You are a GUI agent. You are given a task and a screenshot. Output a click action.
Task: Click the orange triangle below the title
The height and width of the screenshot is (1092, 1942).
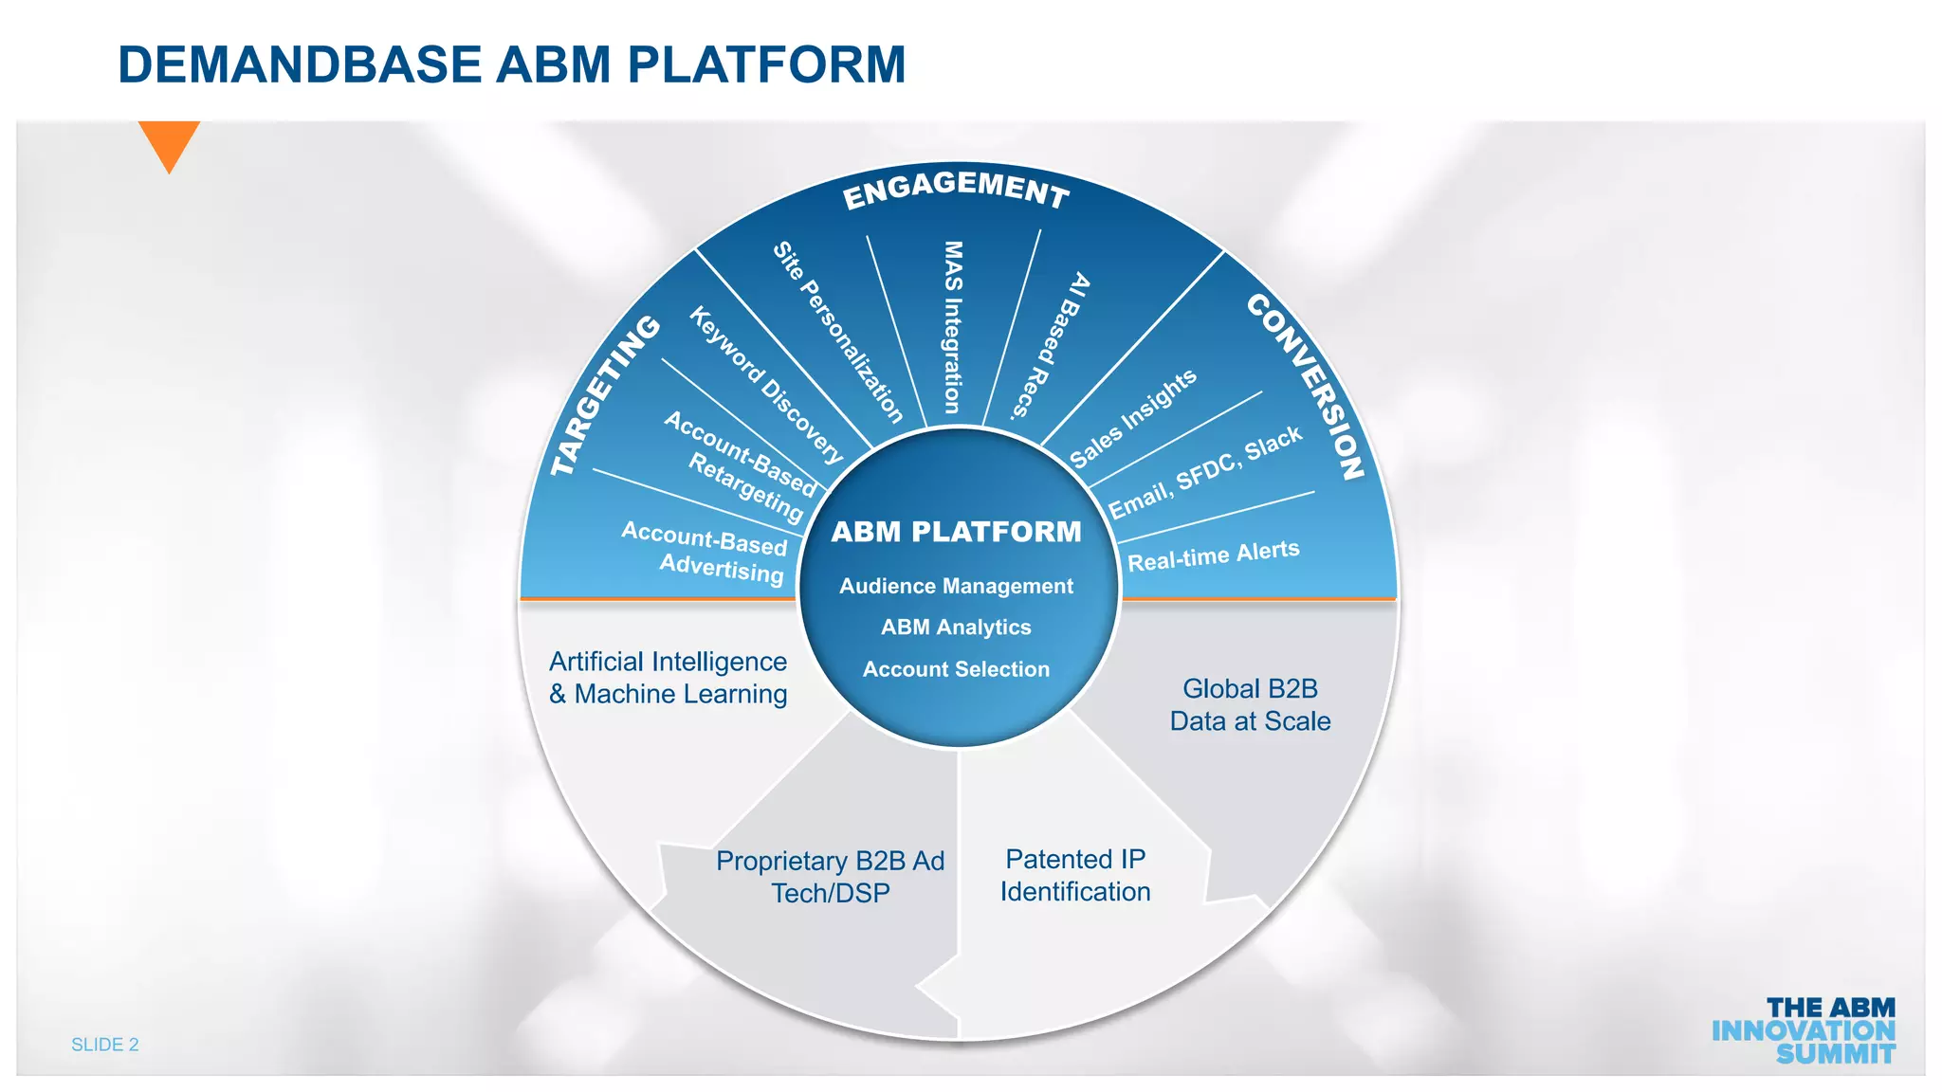[x=169, y=142]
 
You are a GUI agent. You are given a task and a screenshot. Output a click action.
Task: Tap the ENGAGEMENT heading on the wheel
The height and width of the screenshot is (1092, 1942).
[x=956, y=187]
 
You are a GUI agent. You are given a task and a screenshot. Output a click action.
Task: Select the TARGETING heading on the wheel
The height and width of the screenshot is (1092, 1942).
[x=605, y=396]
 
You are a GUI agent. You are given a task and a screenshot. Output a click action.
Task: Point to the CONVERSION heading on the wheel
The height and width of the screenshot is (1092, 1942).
[x=1306, y=386]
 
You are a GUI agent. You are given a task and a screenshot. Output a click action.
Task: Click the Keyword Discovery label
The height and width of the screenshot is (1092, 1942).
[x=765, y=384]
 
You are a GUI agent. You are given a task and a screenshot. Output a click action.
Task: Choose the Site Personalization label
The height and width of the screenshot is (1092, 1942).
[x=837, y=332]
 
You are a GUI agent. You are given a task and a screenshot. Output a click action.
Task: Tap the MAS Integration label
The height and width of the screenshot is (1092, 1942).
[x=953, y=327]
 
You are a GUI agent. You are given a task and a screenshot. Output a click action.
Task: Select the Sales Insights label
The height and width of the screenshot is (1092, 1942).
[x=1133, y=418]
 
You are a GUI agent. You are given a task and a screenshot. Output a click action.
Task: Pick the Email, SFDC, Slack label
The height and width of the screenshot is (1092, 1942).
[x=1205, y=472]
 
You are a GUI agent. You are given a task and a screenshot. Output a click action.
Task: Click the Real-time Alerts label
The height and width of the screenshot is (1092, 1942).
[x=1213, y=555]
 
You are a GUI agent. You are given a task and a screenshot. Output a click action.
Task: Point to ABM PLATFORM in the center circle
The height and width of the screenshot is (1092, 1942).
[x=956, y=532]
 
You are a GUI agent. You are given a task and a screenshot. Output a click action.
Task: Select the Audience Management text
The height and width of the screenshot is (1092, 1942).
[x=956, y=586]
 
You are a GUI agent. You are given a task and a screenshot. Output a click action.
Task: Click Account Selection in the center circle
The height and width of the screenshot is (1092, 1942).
[x=956, y=669]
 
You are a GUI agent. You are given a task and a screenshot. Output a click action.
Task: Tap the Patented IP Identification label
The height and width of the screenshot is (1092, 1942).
[x=1075, y=875]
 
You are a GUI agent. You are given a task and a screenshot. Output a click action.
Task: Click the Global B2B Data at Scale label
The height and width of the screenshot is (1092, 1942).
[x=1250, y=704]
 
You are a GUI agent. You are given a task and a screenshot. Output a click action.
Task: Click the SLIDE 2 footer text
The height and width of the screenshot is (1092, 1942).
[x=105, y=1045]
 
